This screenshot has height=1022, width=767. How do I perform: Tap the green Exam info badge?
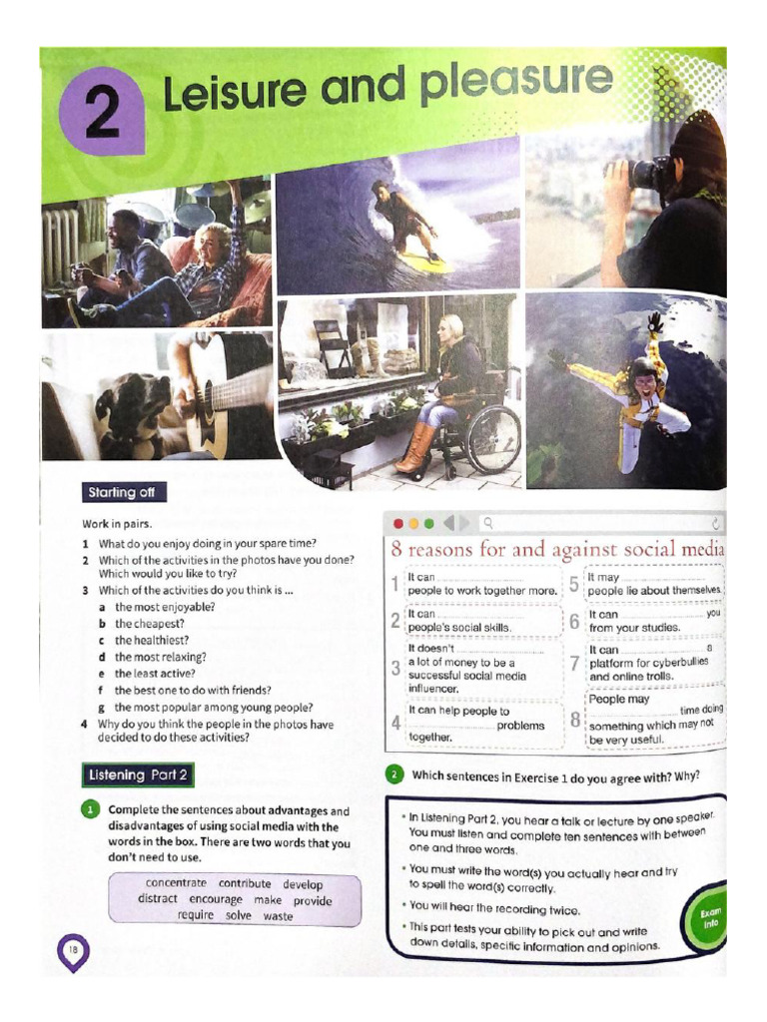[710, 917]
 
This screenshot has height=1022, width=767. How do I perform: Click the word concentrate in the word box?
[176, 883]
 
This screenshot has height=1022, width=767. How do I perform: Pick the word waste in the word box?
[278, 916]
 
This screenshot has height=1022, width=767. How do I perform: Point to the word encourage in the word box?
[216, 899]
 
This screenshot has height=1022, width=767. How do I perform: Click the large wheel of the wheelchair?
[493, 440]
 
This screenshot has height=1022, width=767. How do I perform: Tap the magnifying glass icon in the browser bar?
[487, 522]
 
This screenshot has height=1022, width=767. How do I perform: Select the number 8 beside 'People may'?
[575, 719]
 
